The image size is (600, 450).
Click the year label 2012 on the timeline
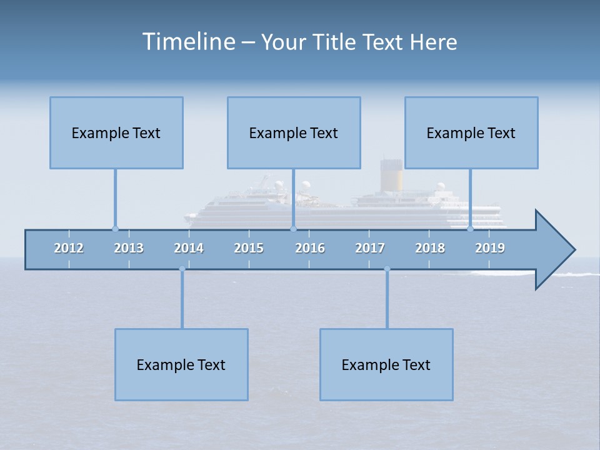pyautogui.click(x=69, y=248)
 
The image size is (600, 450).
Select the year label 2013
pyautogui.click(x=129, y=248)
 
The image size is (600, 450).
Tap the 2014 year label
pyautogui.click(x=189, y=248)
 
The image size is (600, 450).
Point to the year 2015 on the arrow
pyautogui.click(x=249, y=248)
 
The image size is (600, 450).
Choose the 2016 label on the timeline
pyautogui.click(x=310, y=248)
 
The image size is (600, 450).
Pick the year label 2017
pyautogui.click(x=370, y=248)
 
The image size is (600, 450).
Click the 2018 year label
pyautogui.click(x=430, y=248)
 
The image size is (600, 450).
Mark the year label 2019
pyautogui.click(x=490, y=248)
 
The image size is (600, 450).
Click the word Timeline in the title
pyautogui.click(x=188, y=42)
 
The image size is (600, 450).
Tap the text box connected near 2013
pyautogui.click(x=116, y=132)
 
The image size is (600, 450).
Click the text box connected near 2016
pyautogui.click(x=294, y=132)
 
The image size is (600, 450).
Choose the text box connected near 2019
pyautogui.click(x=471, y=132)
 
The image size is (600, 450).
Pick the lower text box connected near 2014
pyautogui.click(x=181, y=364)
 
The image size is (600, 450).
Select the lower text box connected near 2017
pyautogui.click(x=386, y=364)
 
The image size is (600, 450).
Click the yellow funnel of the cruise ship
pyautogui.click(x=392, y=180)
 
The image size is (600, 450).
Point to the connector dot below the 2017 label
pyautogui.click(x=387, y=269)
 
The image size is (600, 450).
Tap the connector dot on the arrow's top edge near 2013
pyautogui.click(x=115, y=229)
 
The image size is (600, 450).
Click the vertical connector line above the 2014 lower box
pyautogui.click(x=182, y=300)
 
